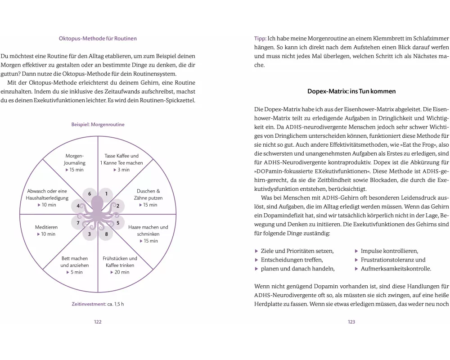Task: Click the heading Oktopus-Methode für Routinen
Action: [x=98, y=39]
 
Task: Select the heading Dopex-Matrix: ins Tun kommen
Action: [x=351, y=91]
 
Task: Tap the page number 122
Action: [x=98, y=322]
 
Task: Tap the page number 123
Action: [x=351, y=322]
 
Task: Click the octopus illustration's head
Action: [x=97, y=202]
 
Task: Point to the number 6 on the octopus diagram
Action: [x=90, y=194]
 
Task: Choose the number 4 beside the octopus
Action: [x=78, y=206]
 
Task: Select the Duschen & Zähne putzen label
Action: [x=149, y=194]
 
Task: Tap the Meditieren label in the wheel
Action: [x=46, y=227]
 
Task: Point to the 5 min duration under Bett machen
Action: [x=74, y=272]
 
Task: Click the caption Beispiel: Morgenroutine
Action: [x=98, y=125]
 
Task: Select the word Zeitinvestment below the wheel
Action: [x=88, y=304]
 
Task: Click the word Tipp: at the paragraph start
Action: [x=261, y=39]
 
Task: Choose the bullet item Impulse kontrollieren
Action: [x=389, y=251]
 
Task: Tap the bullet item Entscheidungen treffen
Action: [x=292, y=260]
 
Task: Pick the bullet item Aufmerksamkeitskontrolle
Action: [x=396, y=269]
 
